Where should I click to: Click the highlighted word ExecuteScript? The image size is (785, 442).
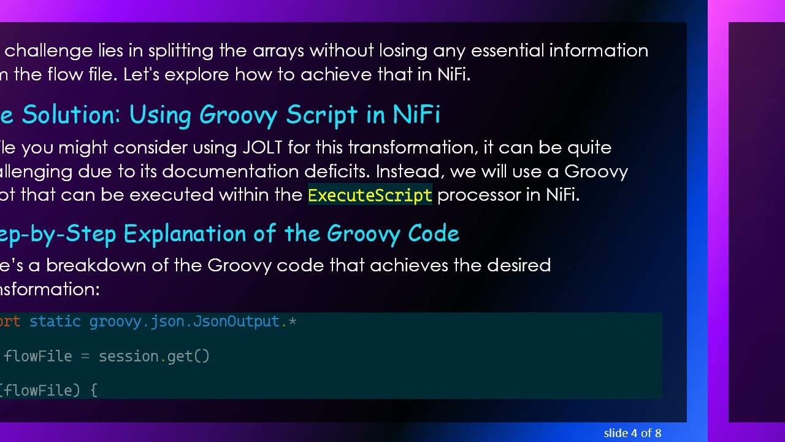[370, 195]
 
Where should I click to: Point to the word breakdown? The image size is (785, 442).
[107, 266]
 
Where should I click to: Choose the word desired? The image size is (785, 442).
[518, 266]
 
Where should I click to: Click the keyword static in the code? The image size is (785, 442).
[55, 322]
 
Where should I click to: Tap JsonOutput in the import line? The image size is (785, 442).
[237, 322]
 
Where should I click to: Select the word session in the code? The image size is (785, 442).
[129, 356]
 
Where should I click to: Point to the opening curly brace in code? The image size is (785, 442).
[94, 390]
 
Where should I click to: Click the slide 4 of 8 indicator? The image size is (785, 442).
[632, 433]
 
